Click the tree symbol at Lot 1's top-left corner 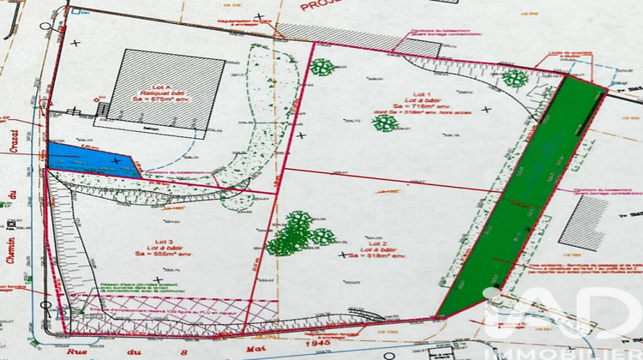[322, 67]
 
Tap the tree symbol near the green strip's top [514, 79]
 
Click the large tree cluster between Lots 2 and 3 [297, 234]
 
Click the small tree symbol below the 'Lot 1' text [385, 123]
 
